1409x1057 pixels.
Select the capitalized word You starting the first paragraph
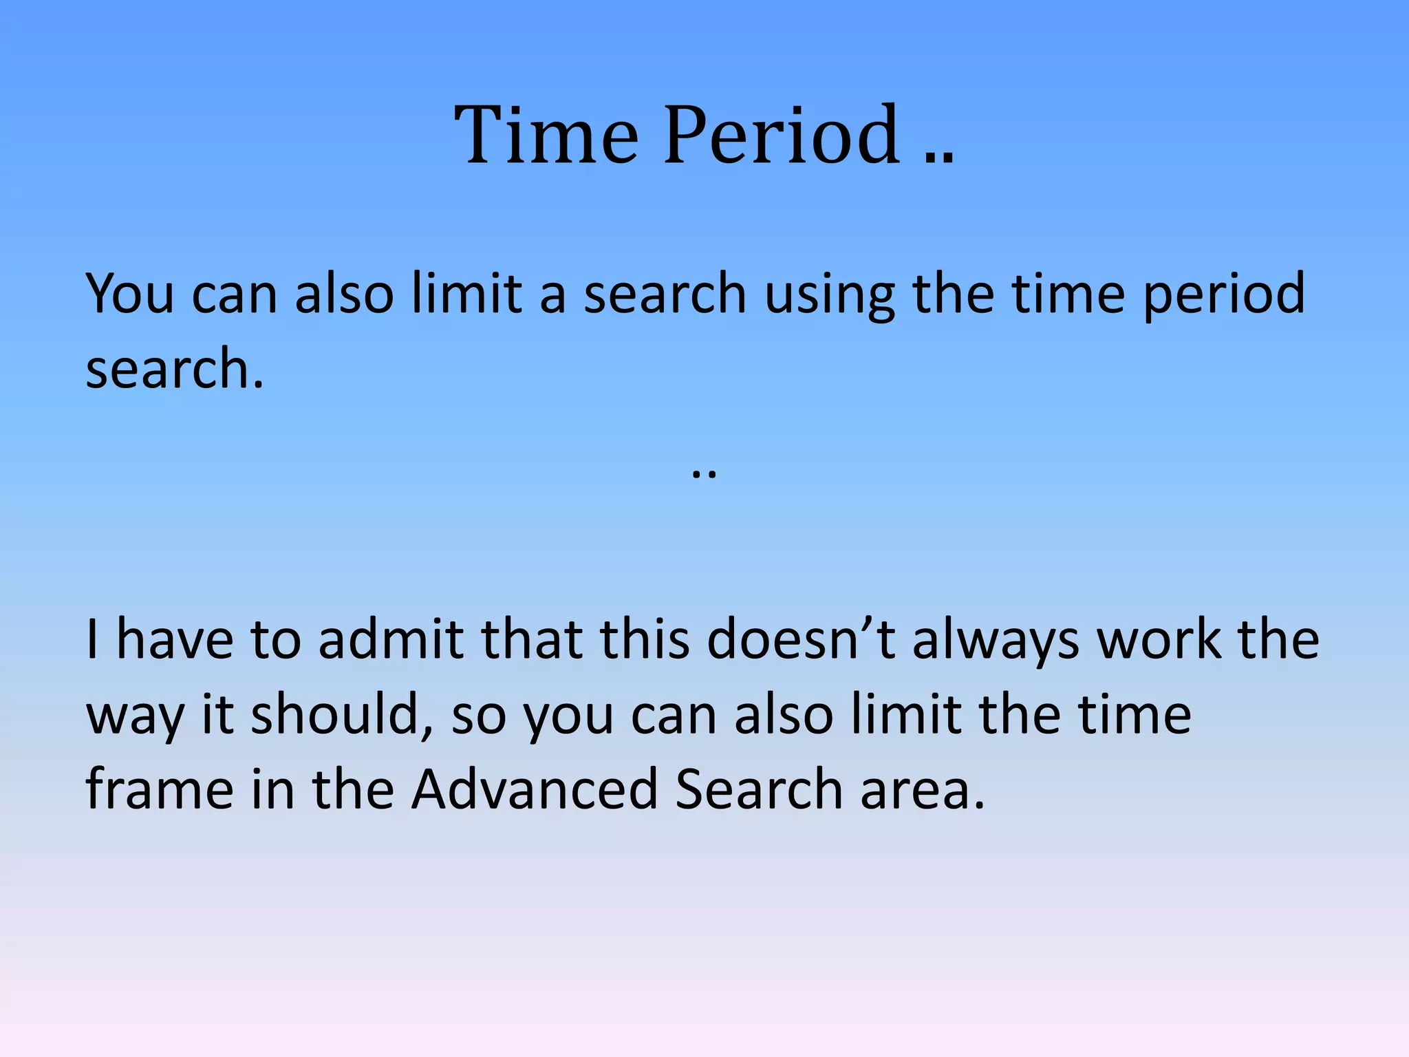pos(129,293)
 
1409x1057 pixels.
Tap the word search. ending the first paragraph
pos(175,369)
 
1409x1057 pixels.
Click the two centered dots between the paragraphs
pos(704,473)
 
